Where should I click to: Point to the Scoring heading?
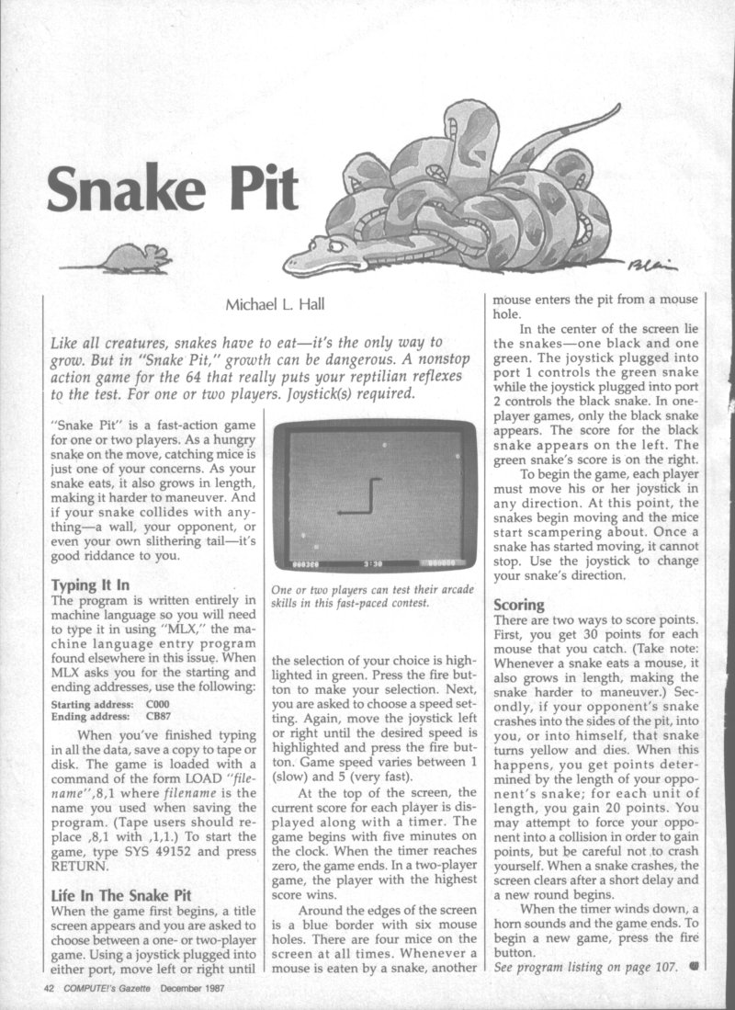click(520, 606)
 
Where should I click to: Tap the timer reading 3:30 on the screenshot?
click(372, 563)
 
